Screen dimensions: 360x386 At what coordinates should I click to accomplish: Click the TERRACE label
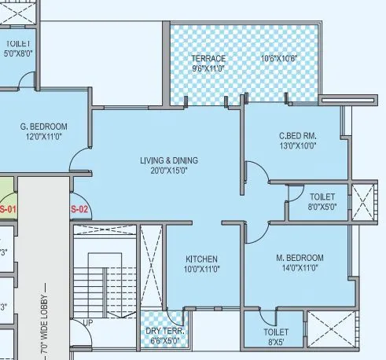coord(208,58)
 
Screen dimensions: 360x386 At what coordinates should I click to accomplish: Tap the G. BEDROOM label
coord(43,126)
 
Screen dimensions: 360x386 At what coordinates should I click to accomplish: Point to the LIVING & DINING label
coord(169,160)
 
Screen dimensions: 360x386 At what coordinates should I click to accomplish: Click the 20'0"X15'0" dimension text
coord(169,171)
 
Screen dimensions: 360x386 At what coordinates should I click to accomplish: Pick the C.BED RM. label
coord(297,134)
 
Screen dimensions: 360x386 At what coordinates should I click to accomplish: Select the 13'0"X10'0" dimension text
coord(297,145)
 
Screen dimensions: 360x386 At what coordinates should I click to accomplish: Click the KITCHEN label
coord(201,259)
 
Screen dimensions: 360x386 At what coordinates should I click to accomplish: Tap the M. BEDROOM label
coord(300,258)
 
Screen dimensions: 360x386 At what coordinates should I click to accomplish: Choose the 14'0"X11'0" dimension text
coord(300,269)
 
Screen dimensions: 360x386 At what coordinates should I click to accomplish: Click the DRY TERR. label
coord(164,331)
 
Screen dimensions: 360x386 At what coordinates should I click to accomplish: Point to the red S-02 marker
coord(79,209)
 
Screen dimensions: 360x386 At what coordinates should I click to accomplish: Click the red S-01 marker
coord(8,209)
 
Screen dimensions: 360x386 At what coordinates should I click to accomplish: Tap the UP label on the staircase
coord(87,323)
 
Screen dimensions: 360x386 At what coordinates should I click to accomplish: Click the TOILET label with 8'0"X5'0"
coord(322,197)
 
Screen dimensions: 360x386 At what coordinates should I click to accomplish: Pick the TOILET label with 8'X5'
coord(276,332)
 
